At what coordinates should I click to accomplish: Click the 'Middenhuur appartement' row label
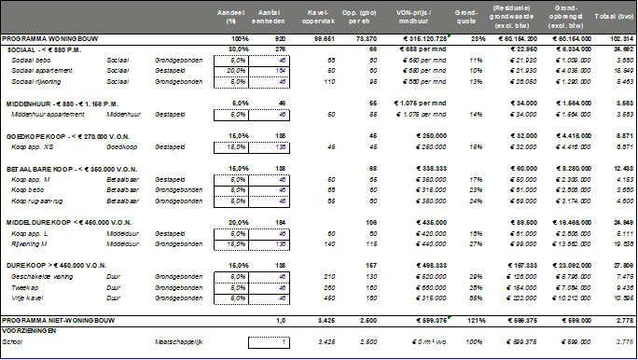pos(49,113)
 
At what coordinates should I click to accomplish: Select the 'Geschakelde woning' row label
pos(42,276)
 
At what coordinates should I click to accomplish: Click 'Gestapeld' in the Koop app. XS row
pos(170,146)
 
